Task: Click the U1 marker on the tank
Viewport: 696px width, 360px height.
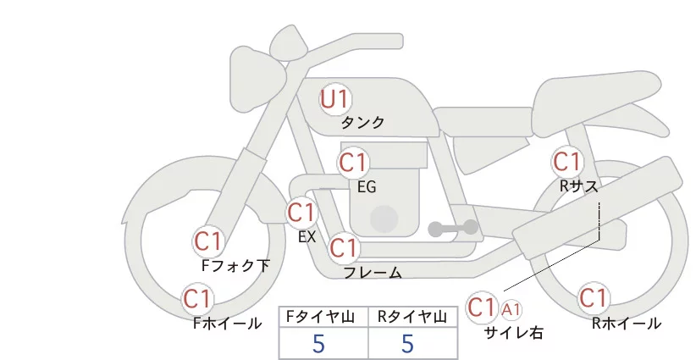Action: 334,99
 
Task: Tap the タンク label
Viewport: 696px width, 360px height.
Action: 363,123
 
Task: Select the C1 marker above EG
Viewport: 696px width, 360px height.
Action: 353,162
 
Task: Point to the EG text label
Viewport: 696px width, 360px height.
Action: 367,186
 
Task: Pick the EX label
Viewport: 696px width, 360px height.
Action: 307,236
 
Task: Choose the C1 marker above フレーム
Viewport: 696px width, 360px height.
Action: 343,248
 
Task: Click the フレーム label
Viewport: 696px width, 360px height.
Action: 373,273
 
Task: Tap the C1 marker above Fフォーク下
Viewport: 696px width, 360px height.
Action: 207,241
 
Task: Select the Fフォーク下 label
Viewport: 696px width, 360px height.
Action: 236,266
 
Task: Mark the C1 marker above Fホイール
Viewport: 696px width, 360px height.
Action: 197,298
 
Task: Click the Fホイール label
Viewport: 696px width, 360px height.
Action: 228,323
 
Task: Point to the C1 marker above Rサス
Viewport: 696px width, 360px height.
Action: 566,161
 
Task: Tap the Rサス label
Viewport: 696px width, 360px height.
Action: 578,186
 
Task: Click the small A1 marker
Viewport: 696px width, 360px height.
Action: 512,309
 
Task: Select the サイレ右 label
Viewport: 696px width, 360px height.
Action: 513,333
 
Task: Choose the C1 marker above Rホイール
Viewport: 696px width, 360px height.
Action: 593,298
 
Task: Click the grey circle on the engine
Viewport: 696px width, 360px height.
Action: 385,218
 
